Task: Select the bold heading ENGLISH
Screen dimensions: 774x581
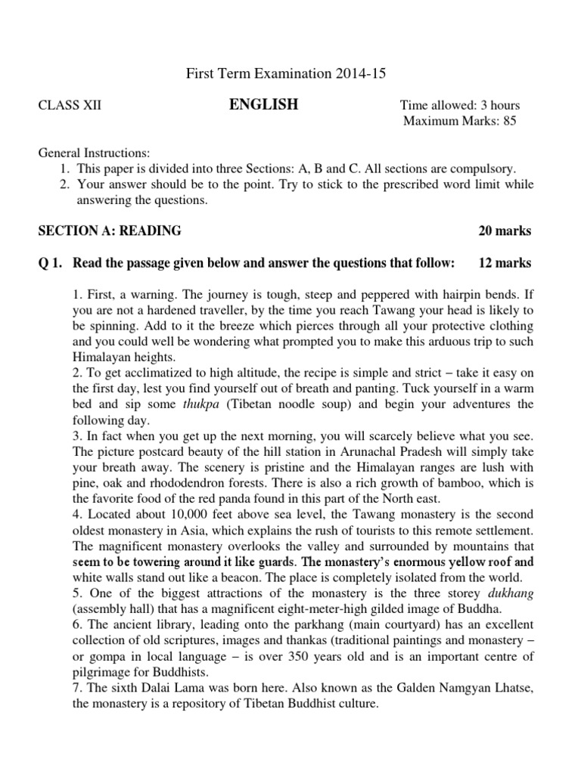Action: (x=263, y=105)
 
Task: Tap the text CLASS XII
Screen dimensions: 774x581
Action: (x=70, y=106)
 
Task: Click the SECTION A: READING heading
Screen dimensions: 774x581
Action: (x=110, y=231)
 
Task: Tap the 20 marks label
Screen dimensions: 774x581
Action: (x=505, y=231)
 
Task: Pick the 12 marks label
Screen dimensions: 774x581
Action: (x=505, y=263)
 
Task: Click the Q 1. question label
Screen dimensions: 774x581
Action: (x=51, y=263)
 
